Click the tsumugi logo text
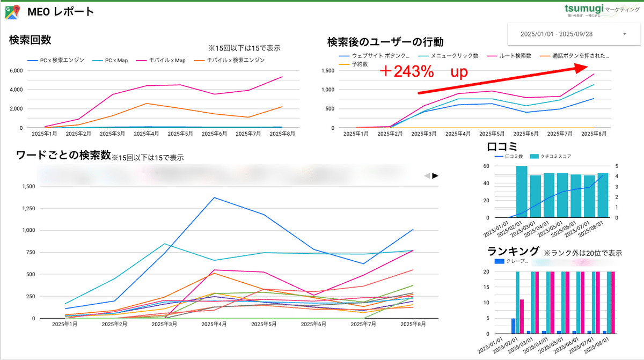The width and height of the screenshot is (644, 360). pyautogui.click(x=584, y=9)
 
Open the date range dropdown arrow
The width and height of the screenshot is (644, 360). pyautogui.click(x=625, y=34)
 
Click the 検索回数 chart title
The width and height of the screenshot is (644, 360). pyautogui.click(x=30, y=40)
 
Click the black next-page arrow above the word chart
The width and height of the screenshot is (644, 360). pyautogui.click(x=435, y=175)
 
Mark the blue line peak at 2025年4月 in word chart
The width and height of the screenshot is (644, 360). pyautogui.click(x=215, y=197)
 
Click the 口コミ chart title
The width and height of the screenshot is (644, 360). pyautogui.click(x=502, y=146)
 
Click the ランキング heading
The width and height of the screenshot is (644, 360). pyautogui.click(x=513, y=251)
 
